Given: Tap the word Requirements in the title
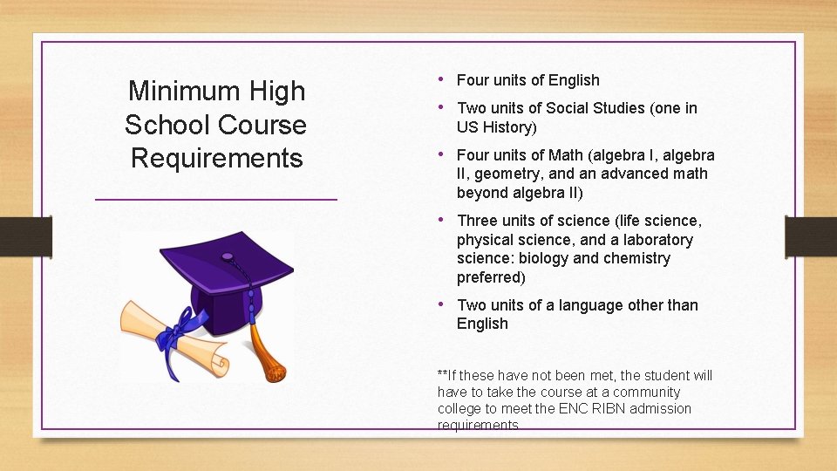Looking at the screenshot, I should click(216, 158).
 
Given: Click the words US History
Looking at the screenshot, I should click(497, 127).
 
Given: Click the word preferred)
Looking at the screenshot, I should click(491, 277).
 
